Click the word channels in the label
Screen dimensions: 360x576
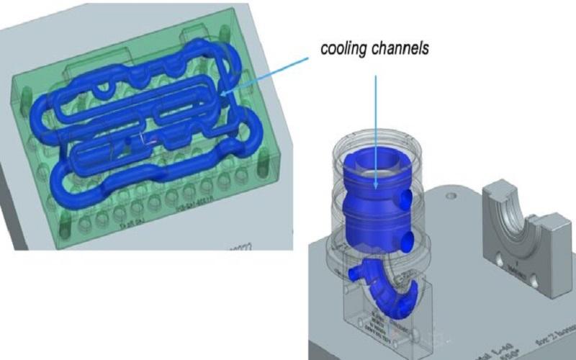pos(402,49)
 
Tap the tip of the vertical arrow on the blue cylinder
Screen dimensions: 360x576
pos(376,189)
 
